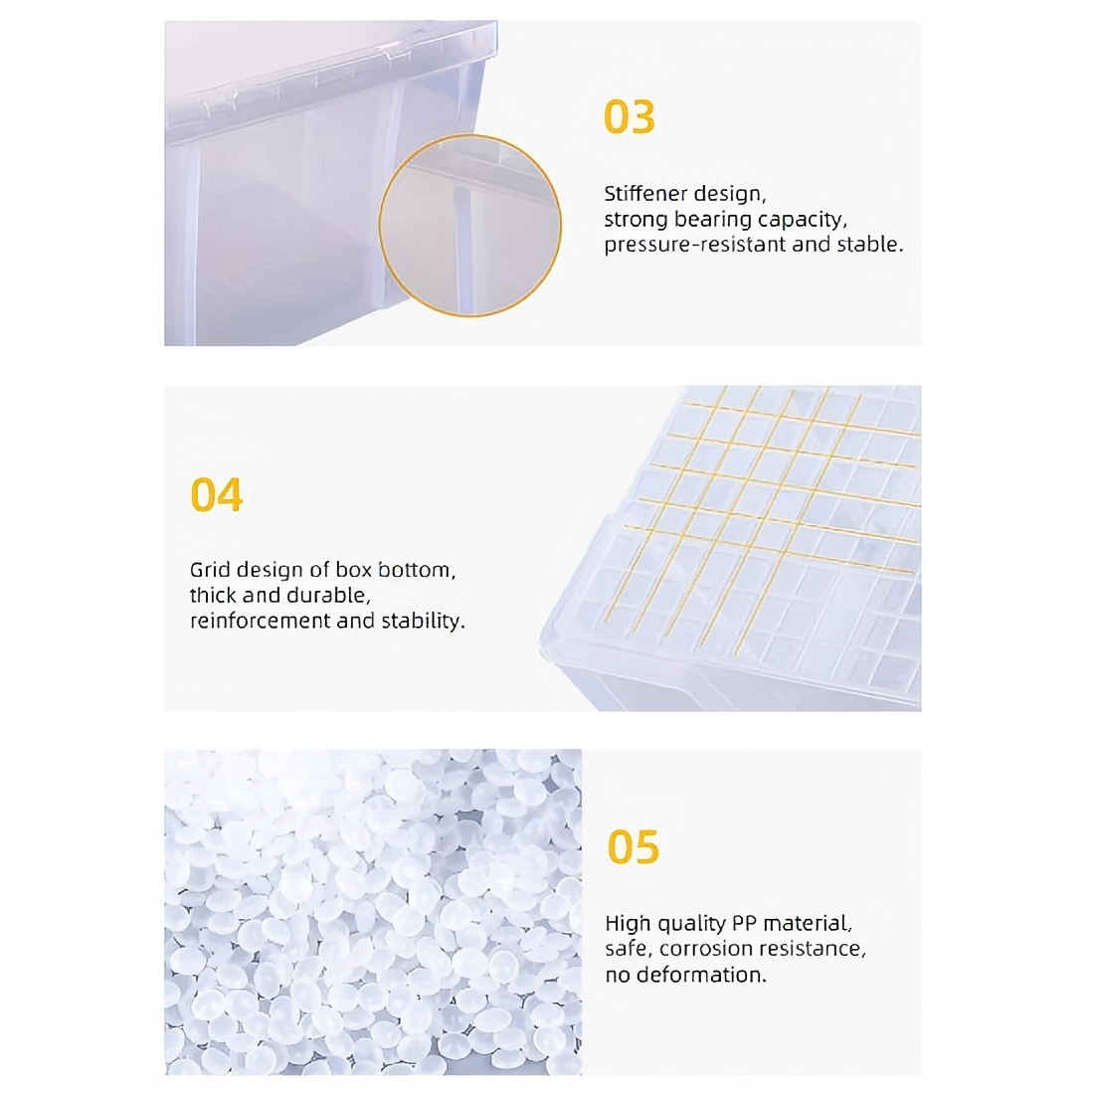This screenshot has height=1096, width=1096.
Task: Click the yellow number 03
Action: pyautogui.click(x=630, y=116)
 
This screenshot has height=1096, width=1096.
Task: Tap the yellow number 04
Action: pyautogui.click(x=216, y=495)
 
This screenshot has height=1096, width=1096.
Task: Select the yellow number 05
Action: pyautogui.click(x=634, y=847)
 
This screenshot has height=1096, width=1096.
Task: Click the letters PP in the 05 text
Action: pyautogui.click(x=744, y=923)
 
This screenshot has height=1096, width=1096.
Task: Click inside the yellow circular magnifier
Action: pyautogui.click(x=469, y=225)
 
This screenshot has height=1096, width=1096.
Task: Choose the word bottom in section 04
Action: pyautogui.click(x=417, y=570)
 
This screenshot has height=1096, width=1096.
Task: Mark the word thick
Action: pyautogui.click(x=213, y=596)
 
